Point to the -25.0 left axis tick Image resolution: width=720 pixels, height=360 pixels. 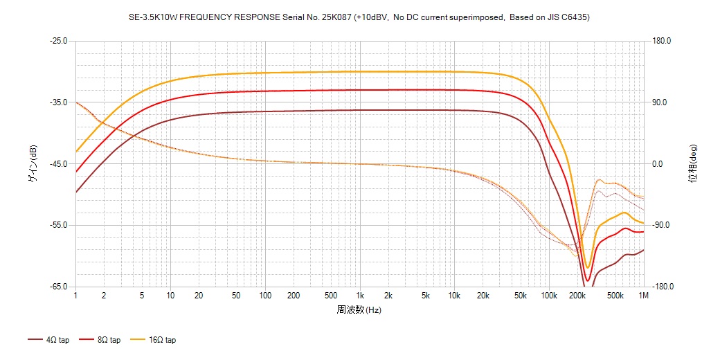pyautogui.click(x=58, y=41)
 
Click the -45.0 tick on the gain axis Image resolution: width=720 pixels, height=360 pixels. pyautogui.click(x=58, y=164)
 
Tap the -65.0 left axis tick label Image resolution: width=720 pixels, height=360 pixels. pyautogui.click(x=58, y=287)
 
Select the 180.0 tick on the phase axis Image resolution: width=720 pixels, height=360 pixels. pyautogui.click(x=661, y=41)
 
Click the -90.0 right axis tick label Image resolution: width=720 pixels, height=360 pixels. pyautogui.click(x=661, y=226)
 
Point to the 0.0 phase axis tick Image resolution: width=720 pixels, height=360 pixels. pyautogui.click(x=658, y=164)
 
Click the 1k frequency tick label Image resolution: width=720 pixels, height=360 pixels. pyautogui.click(x=359, y=296)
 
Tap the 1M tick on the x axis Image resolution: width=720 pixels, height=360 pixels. pyautogui.click(x=644, y=296)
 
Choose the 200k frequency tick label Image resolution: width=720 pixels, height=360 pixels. pyautogui.click(x=577, y=296)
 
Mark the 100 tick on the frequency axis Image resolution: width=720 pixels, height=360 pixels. pyautogui.click(x=265, y=296)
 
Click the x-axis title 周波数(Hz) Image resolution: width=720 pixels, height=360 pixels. pyautogui.click(x=359, y=309)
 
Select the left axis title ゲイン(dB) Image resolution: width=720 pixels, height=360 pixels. pyautogui.click(x=33, y=164)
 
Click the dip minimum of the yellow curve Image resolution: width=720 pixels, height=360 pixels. pyautogui.click(x=587, y=267)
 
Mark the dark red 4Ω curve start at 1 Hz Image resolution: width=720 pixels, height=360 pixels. pyautogui.click(x=76, y=192)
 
